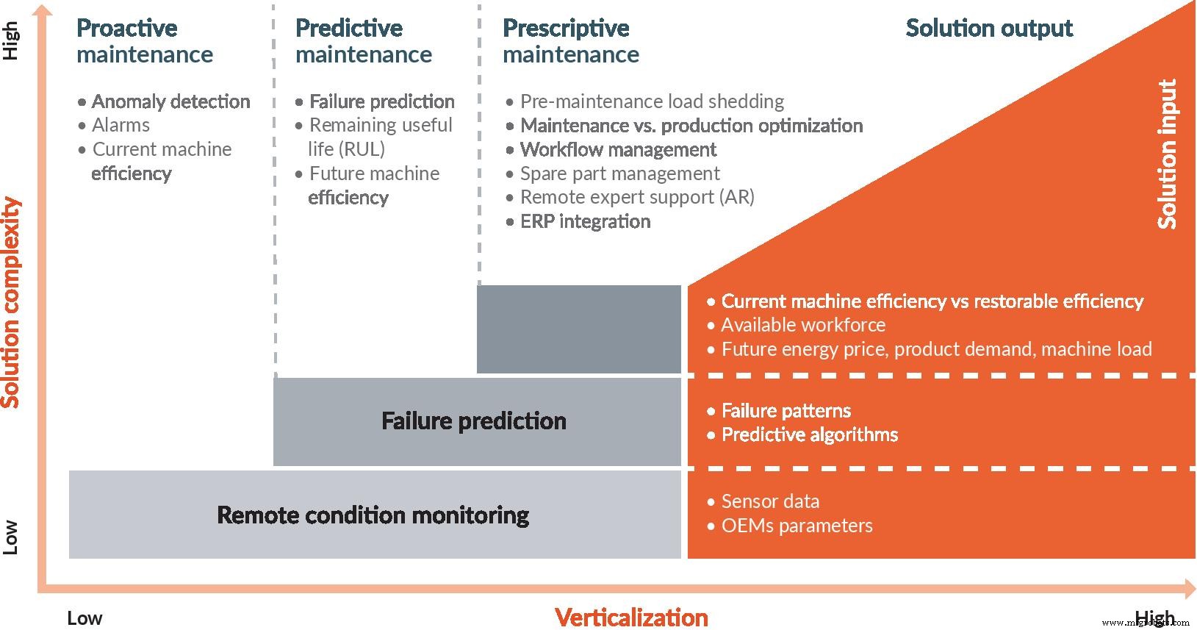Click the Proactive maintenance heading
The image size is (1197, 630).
[144, 41]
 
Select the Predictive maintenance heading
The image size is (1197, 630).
[363, 41]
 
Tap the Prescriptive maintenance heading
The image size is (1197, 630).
[570, 41]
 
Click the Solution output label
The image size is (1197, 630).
[988, 28]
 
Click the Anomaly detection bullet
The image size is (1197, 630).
[170, 101]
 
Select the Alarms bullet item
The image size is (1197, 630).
[121, 125]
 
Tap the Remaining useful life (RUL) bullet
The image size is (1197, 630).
[380, 137]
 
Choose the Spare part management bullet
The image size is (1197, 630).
[619, 173]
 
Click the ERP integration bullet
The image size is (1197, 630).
[585, 221]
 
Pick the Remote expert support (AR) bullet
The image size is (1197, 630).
[636, 197]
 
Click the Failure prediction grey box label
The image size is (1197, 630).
[474, 421]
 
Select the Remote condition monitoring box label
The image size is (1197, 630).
[373, 515]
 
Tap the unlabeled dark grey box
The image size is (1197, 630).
[579, 329]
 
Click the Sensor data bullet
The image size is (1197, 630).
[769, 501]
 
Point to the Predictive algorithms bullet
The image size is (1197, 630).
[809, 434]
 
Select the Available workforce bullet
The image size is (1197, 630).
[802, 325]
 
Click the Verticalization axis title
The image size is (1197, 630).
[631, 617]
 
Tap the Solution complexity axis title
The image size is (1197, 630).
[10, 302]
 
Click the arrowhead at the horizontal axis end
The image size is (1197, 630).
[1190, 587]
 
